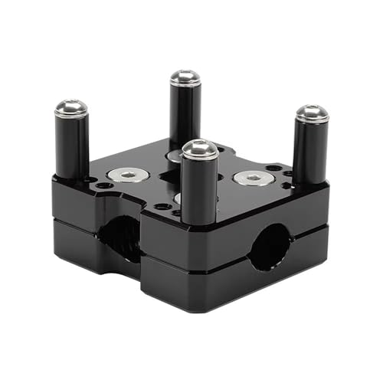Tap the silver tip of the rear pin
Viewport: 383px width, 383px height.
[x=185, y=78]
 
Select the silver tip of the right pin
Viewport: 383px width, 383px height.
[x=312, y=113]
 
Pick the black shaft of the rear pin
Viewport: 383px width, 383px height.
[x=185, y=115]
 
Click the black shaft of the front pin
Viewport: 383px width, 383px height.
[x=200, y=191]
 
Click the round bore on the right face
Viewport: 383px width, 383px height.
[x=270, y=247]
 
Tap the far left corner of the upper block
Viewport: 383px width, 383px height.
[x=54, y=181]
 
